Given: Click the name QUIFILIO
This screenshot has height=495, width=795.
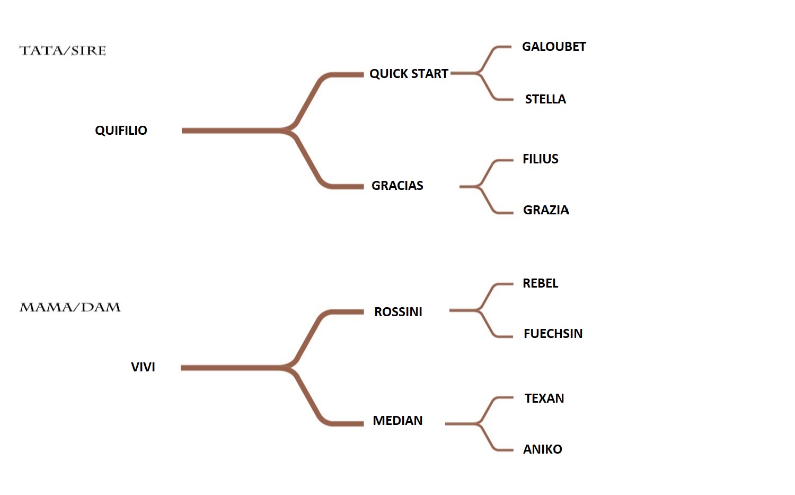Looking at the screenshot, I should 121,131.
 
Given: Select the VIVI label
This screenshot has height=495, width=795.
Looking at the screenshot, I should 143,367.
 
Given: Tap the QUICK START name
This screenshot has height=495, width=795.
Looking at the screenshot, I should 409,74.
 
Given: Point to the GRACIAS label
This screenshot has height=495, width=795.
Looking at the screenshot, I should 397,186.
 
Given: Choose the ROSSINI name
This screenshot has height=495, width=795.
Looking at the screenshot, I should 398,312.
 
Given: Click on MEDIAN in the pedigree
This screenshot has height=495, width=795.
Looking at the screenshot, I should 397,421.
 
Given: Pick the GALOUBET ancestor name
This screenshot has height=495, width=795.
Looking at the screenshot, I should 554,47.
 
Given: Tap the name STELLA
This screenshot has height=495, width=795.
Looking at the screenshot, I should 545,99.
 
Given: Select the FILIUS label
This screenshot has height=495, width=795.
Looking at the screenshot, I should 540,159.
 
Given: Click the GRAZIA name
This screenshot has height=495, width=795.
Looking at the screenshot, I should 546,210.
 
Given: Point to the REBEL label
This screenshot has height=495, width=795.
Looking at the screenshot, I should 540,283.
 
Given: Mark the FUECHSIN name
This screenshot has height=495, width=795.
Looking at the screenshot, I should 553,334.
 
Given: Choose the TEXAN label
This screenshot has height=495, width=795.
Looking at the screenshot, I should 544,398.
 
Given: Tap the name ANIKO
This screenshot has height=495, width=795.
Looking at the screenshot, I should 542,449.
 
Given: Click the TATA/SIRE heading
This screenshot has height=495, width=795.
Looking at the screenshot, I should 63,51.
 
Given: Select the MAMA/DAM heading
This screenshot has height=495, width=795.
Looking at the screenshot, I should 70,308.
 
